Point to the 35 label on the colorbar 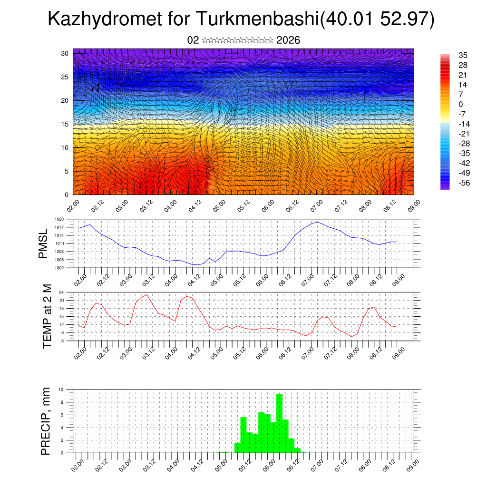click(x=462, y=55)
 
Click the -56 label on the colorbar click(x=463, y=183)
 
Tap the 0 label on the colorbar click(x=460, y=104)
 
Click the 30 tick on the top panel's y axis click(x=64, y=53)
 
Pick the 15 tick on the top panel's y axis click(x=64, y=124)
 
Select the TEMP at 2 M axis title click(x=47, y=316)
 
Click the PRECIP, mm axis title click(x=46, y=420)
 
